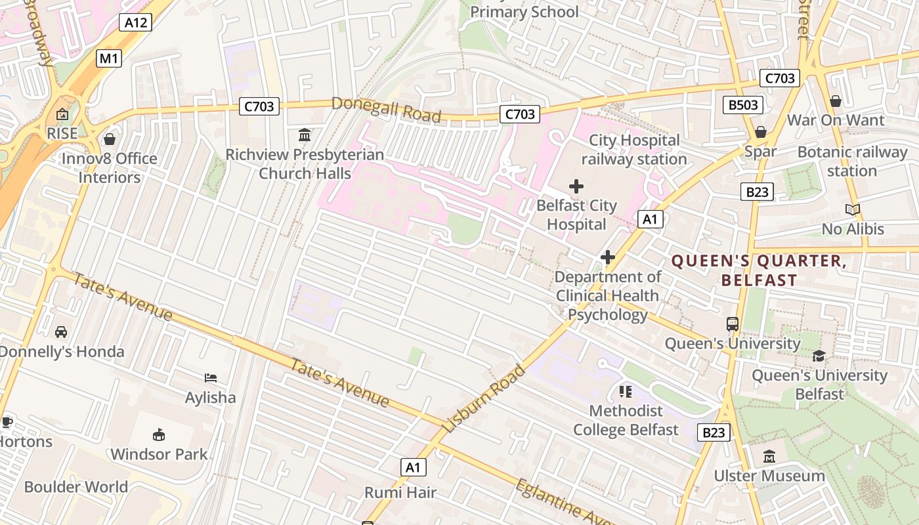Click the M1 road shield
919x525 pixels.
pos(109,58)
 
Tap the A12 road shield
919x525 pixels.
pos(136,23)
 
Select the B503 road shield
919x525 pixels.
pos(743,104)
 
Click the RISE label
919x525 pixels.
pos(62,133)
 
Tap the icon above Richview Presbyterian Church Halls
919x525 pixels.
pos(305,135)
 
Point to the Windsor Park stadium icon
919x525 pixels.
pos(158,434)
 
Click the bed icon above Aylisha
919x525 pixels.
pos(211,378)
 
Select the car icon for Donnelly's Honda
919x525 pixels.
pos(61,332)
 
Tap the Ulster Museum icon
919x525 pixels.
pos(769,456)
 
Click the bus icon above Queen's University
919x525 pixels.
pos(732,324)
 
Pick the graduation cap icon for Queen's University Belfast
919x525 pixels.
pos(819,356)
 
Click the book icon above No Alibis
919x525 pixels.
pos(853,210)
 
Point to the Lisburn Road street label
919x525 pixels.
pos(484,398)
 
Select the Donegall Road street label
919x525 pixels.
pos(386,110)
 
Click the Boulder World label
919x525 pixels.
pos(76,487)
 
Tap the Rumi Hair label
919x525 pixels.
pos(400,492)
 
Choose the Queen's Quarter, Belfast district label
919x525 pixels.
pos(759,270)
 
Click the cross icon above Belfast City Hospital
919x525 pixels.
pos(576,186)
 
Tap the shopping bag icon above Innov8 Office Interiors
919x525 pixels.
pos(110,139)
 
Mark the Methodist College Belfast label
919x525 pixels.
pos(626,420)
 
